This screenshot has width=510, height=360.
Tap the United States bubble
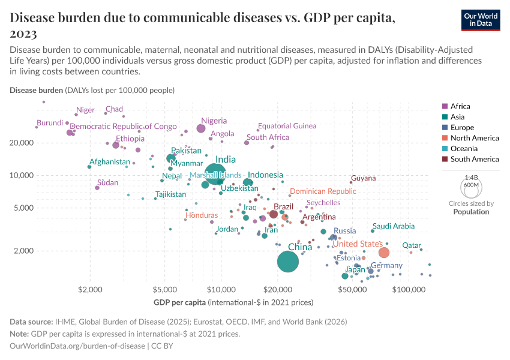[x=384, y=253]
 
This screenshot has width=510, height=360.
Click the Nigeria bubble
[x=201, y=128]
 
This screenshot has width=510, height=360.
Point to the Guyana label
[x=364, y=178]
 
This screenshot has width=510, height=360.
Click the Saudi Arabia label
[x=394, y=226]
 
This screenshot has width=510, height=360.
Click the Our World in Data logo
[x=481, y=19]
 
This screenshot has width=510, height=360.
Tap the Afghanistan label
[x=109, y=162]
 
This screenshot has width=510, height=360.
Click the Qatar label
[x=412, y=245]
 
